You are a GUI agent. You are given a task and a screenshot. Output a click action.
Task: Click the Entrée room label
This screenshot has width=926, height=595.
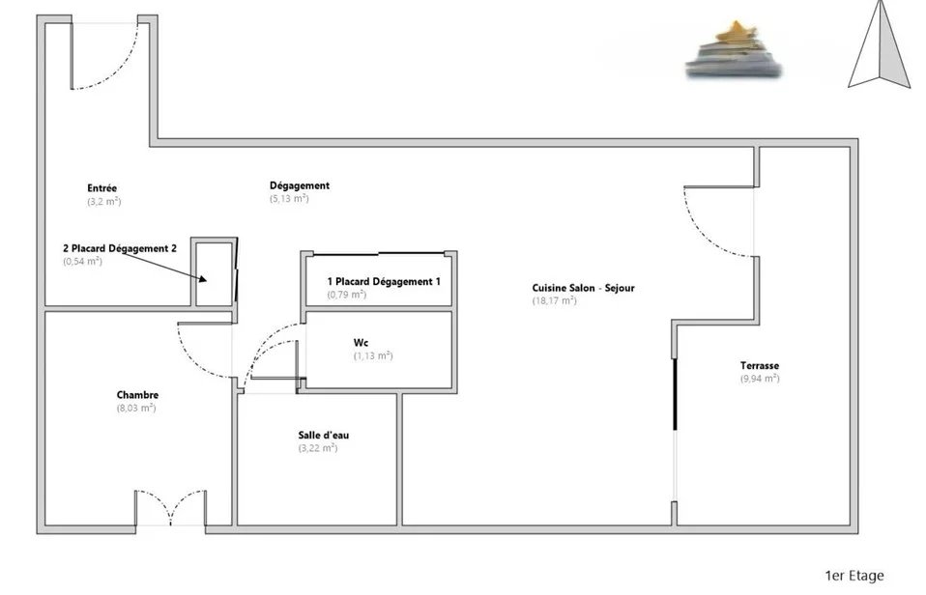click(102, 188)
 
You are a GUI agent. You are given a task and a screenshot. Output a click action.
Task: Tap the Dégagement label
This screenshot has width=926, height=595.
click(300, 185)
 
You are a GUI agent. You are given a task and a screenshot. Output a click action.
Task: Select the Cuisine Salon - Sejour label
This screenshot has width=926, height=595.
click(584, 288)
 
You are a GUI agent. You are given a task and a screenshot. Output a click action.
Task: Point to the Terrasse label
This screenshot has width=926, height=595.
click(760, 365)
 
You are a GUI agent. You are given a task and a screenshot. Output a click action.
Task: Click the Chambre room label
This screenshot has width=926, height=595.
click(137, 395)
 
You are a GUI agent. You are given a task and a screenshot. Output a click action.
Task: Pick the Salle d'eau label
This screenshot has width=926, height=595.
click(324, 435)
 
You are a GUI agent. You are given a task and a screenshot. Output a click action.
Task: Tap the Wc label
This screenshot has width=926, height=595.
click(361, 342)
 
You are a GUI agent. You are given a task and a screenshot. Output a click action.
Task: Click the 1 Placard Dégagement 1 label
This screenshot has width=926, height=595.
click(384, 282)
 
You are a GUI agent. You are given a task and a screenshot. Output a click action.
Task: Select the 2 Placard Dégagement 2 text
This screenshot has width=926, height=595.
click(120, 248)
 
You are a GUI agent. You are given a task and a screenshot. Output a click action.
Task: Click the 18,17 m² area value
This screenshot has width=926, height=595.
click(554, 300)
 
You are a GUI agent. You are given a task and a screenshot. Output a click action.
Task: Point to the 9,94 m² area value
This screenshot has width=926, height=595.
click(760, 379)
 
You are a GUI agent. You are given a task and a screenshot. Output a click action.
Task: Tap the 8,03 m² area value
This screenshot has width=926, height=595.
click(136, 408)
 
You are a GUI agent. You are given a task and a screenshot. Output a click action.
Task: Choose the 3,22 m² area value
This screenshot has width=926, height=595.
click(318, 448)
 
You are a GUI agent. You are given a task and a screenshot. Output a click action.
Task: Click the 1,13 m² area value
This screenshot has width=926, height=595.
click(373, 355)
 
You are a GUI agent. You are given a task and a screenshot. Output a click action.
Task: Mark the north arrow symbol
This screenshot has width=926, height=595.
click(880, 44)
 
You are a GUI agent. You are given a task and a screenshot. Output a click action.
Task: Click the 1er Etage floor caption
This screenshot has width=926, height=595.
click(854, 576)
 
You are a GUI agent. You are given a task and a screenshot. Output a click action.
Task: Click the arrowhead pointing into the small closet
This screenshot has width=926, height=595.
click(202, 278)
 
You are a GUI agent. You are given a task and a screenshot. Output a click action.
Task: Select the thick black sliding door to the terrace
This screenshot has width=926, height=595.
click(675, 394)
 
